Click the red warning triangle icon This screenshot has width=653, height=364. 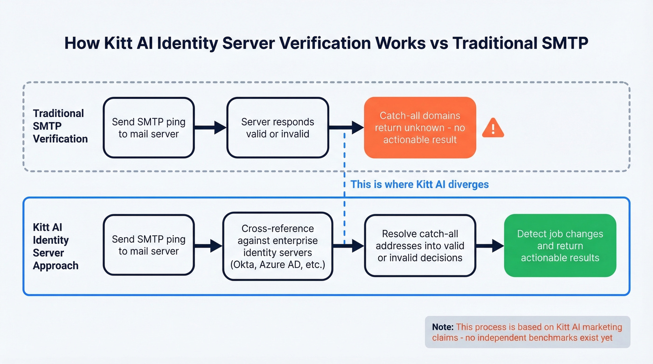point(493,128)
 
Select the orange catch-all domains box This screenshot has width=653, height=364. point(420,128)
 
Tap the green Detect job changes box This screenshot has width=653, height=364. point(560,246)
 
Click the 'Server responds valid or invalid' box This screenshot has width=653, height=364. point(277,128)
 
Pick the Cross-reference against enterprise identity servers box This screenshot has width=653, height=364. point(277,247)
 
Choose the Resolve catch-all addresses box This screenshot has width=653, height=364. point(420,246)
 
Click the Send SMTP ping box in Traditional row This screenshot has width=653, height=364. point(148,128)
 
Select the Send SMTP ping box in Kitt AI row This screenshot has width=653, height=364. point(148,245)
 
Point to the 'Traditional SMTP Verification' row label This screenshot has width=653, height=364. point(60,126)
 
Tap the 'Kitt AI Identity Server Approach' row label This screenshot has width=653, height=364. point(55,247)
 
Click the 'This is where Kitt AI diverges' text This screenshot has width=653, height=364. point(419,184)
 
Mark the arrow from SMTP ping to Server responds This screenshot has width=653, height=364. point(210,127)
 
